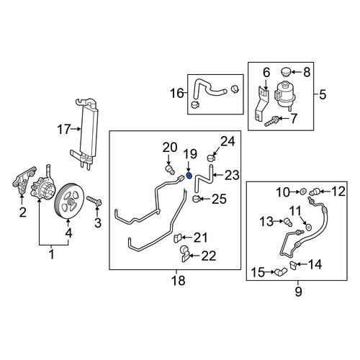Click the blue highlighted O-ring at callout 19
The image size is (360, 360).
[189, 176]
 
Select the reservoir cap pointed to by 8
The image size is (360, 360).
[285, 72]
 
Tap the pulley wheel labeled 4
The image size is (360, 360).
[69, 201]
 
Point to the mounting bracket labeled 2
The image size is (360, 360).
[24, 180]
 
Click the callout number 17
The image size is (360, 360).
[64, 130]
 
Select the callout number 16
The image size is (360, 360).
[177, 93]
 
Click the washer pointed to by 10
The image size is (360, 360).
[303, 192]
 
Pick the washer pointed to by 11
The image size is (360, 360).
[308, 227]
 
